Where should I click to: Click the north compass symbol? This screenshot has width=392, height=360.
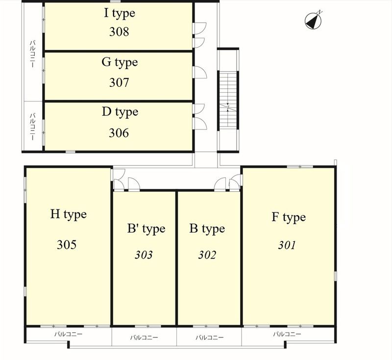313,21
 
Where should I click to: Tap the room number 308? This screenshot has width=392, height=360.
119,32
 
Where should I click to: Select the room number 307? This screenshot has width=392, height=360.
119,82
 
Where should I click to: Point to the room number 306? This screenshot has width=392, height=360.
119,133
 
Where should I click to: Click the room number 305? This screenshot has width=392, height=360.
67,245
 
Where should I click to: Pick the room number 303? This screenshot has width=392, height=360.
144,255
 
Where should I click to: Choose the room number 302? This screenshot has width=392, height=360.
207,255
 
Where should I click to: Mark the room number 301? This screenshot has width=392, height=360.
287,245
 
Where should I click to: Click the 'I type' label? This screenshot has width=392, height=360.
120,14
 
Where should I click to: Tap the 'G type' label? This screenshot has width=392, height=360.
120,63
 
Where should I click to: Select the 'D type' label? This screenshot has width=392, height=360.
120,112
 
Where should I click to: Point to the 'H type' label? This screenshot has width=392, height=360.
69,215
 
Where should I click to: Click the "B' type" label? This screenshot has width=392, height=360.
146,229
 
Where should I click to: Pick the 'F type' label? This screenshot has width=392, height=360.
289,217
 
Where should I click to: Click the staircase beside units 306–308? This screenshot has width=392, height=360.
228,101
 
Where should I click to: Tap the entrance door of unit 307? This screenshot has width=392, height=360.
200,72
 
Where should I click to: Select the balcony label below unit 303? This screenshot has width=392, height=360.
144,337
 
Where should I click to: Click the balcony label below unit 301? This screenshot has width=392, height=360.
287,334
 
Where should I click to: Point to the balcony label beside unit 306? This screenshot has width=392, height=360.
32,127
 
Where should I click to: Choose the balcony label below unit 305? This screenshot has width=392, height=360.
68,334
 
